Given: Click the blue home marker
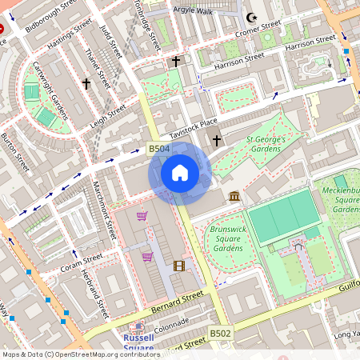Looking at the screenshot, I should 180,173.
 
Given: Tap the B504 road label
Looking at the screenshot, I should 158,148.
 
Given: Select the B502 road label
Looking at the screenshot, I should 220,332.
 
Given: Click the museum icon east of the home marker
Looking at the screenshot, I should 234,196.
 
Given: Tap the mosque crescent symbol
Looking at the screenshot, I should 254,17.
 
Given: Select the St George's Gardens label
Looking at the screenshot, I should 266,143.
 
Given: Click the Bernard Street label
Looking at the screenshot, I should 158,303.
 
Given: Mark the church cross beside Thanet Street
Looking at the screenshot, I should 86,83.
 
